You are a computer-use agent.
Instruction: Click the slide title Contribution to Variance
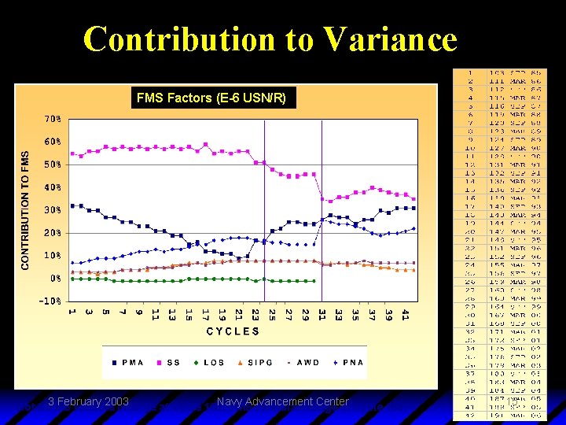[x=270, y=39]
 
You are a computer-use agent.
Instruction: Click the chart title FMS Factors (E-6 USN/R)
[x=215, y=98]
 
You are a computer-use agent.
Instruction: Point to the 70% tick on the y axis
[x=53, y=120]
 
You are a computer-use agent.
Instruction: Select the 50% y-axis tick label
[x=53, y=165]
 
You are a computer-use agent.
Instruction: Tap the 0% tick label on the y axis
[x=55, y=279]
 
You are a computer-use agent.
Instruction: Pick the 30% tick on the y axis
[x=53, y=211]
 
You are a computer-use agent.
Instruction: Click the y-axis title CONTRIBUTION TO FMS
[x=25, y=211]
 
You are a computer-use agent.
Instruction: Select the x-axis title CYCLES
[x=233, y=331]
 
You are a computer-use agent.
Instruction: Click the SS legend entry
[x=170, y=363]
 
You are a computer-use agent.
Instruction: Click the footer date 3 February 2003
[x=88, y=401]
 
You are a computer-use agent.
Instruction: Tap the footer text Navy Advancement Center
[x=282, y=401]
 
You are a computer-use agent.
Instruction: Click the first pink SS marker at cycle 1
[x=72, y=153]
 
